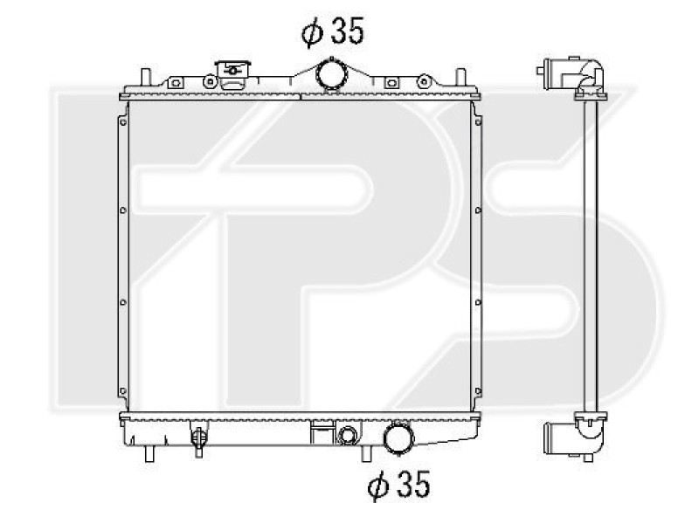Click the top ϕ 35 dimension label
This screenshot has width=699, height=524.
pyautogui.click(x=332, y=32)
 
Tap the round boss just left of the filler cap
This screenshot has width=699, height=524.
pyautogui.click(x=210, y=81)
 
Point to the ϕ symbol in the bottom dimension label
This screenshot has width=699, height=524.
pyautogui.click(x=377, y=486)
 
